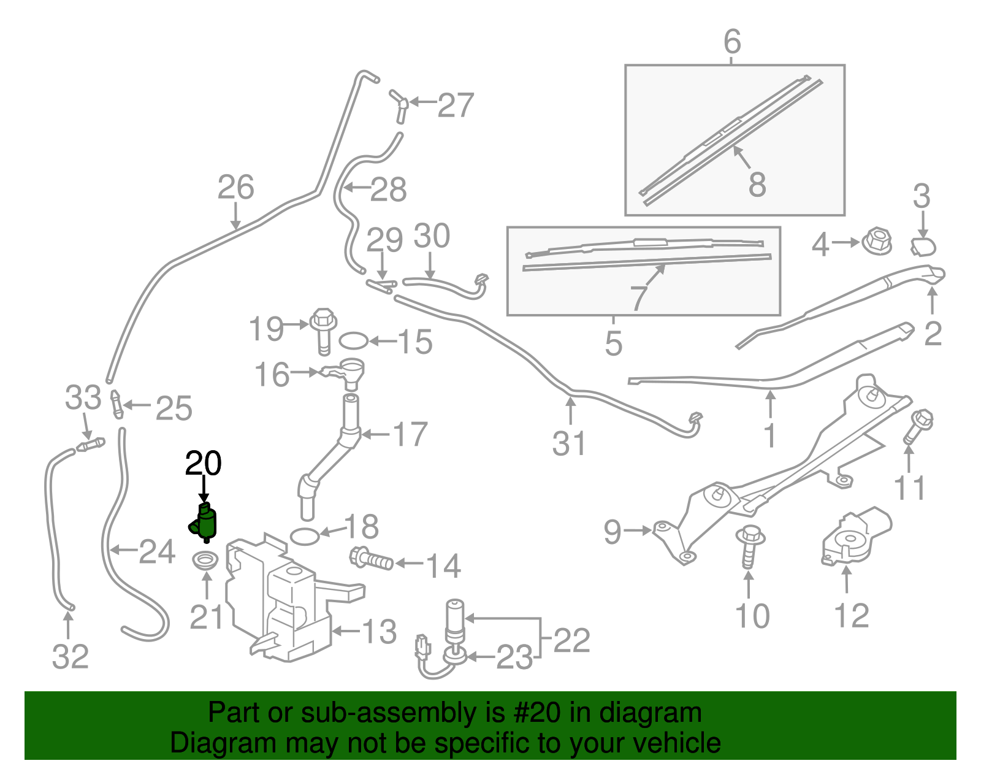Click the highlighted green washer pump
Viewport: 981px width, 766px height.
click(x=206, y=523)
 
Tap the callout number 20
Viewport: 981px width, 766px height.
click(x=203, y=464)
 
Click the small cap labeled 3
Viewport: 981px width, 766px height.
click(x=923, y=247)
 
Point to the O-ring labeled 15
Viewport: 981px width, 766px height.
click(x=354, y=340)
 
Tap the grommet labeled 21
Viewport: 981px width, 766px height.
click(x=206, y=561)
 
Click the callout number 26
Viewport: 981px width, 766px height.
click(x=235, y=188)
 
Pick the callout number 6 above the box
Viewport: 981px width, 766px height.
click(x=732, y=42)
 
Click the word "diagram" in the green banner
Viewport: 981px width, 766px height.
click(x=649, y=713)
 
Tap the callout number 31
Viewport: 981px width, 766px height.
click(x=570, y=443)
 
